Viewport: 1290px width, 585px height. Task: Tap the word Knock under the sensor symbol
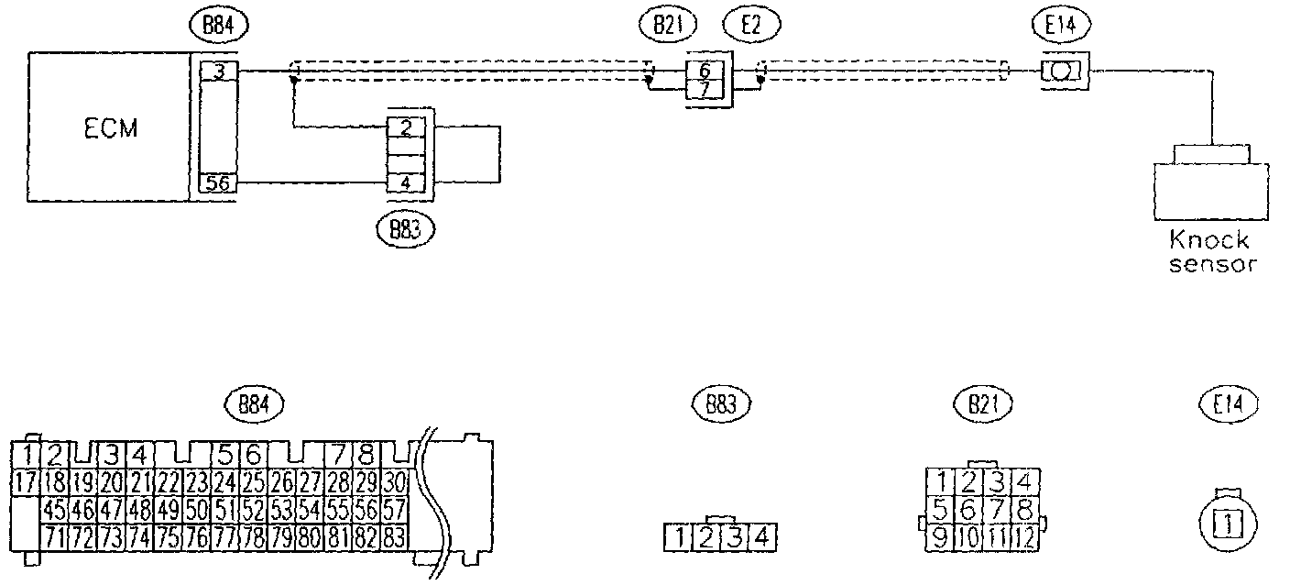[1208, 240]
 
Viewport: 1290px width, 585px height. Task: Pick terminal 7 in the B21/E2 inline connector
[704, 89]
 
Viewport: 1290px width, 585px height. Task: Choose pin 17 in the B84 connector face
[26, 480]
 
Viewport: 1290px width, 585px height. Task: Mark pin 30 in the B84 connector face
[396, 480]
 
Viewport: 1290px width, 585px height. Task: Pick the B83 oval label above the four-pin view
[718, 403]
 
